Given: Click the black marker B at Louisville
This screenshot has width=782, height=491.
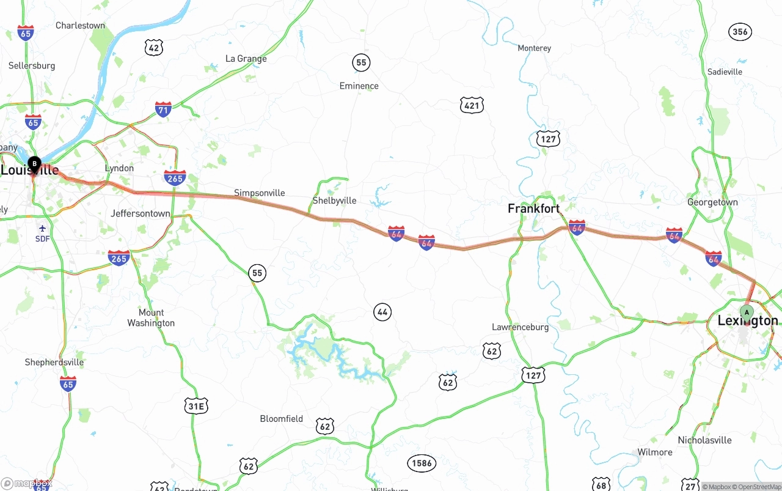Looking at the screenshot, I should pos(35,163).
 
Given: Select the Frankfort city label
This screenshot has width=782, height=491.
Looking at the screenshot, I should pos(533,209).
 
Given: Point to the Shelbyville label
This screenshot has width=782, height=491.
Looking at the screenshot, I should pos(334,201).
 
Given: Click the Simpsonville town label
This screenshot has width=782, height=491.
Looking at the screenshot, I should pos(260,193).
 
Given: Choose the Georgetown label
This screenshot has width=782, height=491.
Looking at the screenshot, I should pos(712,202).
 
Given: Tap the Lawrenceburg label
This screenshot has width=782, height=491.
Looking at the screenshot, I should pos(520,327).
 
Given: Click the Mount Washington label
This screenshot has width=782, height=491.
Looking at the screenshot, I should pos(151,317).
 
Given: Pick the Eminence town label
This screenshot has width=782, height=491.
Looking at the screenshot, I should pos(359,86).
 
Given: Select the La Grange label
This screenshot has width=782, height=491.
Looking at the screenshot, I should pos(246,59).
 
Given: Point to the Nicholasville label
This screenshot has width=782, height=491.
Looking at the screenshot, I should pos(704,440).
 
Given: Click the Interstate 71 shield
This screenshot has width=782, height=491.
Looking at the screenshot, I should pos(163,110).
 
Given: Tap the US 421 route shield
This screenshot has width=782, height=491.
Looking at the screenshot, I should pos(472,105).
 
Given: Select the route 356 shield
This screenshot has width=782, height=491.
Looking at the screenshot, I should pos(740,32).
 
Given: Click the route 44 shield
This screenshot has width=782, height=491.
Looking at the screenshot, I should pos(382,312).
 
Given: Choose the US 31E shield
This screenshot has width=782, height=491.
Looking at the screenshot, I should pos(196,405).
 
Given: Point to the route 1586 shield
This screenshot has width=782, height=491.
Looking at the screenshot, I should pos(422,463).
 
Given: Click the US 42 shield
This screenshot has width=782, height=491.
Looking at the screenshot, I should pos(154,47).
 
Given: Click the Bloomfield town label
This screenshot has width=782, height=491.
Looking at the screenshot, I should pos(281,419).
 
